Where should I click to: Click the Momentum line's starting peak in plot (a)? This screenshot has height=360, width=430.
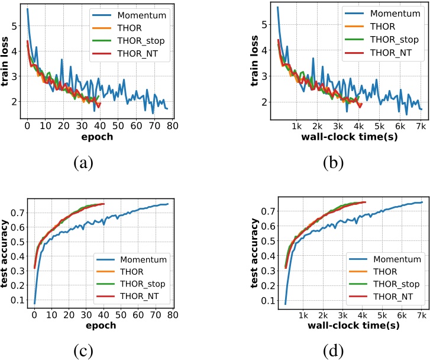tap(28, 9)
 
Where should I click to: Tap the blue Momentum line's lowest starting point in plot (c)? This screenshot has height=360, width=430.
tap(34, 303)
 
